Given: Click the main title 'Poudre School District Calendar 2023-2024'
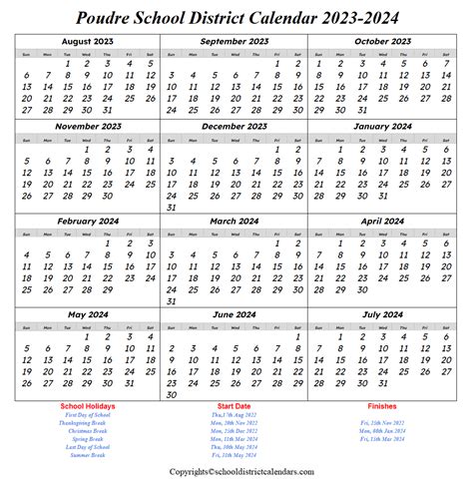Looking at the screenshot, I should coord(236,18).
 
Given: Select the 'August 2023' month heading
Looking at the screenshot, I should coord(89,42).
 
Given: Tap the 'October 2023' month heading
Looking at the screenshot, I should coord(382,42).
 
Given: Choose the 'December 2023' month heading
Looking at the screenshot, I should coord(236,127).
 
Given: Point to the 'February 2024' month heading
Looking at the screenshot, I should coord(89,221).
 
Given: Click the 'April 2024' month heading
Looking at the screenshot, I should coord(382,221).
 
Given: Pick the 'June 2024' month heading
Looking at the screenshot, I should coord(236,314).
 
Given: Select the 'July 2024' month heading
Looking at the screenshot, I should coord(382,314).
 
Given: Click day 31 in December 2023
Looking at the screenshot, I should coord(173,207).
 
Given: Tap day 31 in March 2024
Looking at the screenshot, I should coord(173,300).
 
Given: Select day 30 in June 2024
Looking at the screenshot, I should coord(173,395).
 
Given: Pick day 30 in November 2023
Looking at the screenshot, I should coord(109,197).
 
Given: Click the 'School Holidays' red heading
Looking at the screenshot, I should coord(88,406).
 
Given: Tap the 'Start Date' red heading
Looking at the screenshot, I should coord(236,406).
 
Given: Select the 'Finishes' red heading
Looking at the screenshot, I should coord(382,406).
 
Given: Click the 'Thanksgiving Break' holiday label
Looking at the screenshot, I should coord(88,423).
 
